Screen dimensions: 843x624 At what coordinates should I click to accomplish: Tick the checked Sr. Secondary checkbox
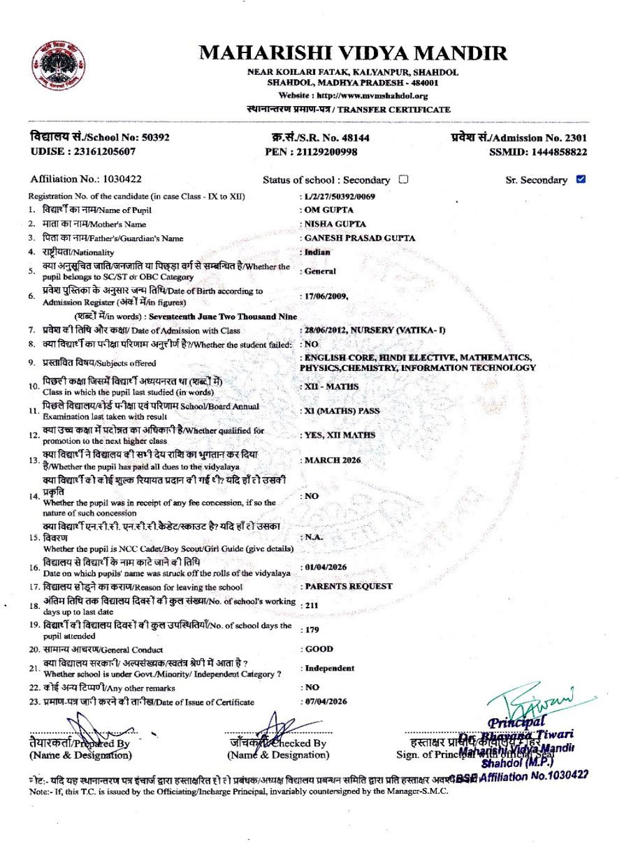pos(581,179)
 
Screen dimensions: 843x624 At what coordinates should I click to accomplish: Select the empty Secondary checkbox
pos(403,179)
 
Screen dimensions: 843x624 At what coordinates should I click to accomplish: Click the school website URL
pos(373,96)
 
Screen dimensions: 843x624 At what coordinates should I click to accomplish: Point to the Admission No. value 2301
pos(576,137)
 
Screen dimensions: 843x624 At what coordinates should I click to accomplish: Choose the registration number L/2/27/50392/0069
pos(339,196)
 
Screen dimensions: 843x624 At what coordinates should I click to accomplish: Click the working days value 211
pos(311,605)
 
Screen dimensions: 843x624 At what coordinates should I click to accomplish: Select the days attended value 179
pos(312,629)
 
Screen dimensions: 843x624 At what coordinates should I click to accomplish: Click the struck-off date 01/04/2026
pos(326,567)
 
